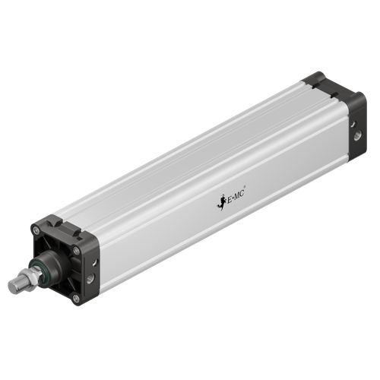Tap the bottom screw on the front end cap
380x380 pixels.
(75, 298)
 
